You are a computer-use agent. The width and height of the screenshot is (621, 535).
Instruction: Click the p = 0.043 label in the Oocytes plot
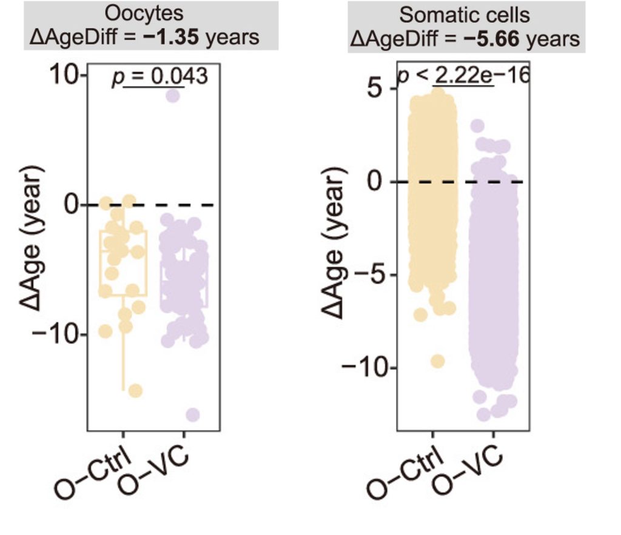coord(160,77)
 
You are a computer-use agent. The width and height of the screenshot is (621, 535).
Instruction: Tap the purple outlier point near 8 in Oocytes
coord(174,96)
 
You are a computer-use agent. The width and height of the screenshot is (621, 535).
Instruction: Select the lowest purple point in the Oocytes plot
coord(193,414)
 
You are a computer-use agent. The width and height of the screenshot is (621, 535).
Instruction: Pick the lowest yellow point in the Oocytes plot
coord(135,390)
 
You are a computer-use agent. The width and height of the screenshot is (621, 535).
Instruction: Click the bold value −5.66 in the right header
coord(493,40)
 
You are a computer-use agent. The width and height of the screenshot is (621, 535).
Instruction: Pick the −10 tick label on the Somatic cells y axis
coord(362,368)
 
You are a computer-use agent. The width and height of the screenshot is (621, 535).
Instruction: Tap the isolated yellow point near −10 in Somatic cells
coord(438,361)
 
